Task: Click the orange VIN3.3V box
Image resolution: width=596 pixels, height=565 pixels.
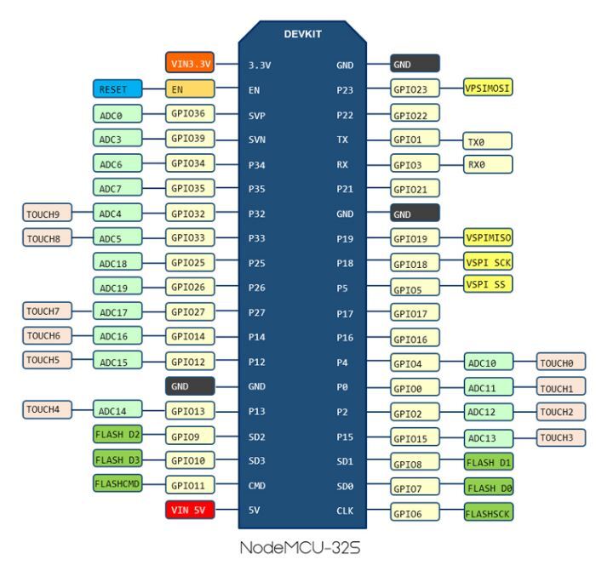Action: click(x=190, y=63)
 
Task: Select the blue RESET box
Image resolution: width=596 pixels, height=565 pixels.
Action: click(x=117, y=88)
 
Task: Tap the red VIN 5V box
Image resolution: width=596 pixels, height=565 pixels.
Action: click(x=190, y=510)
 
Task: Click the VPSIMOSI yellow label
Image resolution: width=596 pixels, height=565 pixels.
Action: click(x=488, y=88)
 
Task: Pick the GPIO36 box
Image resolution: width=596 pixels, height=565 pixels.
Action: click(x=190, y=113)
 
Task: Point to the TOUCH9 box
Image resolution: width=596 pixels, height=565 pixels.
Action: click(x=47, y=213)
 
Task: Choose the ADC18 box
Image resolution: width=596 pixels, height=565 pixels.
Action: click(x=117, y=262)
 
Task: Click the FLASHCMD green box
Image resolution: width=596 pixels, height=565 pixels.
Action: click(x=117, y=483)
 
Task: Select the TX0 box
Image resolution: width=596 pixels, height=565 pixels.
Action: click(x=487, y=141)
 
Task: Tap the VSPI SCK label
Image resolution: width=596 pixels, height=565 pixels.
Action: click(x=488, y=262)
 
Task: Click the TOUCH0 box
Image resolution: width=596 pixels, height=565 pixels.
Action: click(x=561, y=362)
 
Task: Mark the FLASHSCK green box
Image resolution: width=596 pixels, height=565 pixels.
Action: click(x=489, y=512)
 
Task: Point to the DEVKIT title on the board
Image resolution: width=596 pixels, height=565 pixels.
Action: click(x=302, y=34)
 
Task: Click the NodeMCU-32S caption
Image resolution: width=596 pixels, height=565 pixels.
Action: click(x=300, y=547)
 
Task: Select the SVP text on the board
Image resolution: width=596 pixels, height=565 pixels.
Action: click(x=257, y=116)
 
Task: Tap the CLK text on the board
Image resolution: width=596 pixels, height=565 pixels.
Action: click(x=345, y=511)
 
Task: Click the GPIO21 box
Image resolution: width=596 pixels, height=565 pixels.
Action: click(x=415, y=188)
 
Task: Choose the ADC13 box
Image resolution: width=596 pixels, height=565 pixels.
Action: click(x=489, y=437)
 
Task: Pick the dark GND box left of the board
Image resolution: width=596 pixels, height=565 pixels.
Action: click(x=190, y=386)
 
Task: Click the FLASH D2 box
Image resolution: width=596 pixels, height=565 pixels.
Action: click(x=117, y=434)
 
